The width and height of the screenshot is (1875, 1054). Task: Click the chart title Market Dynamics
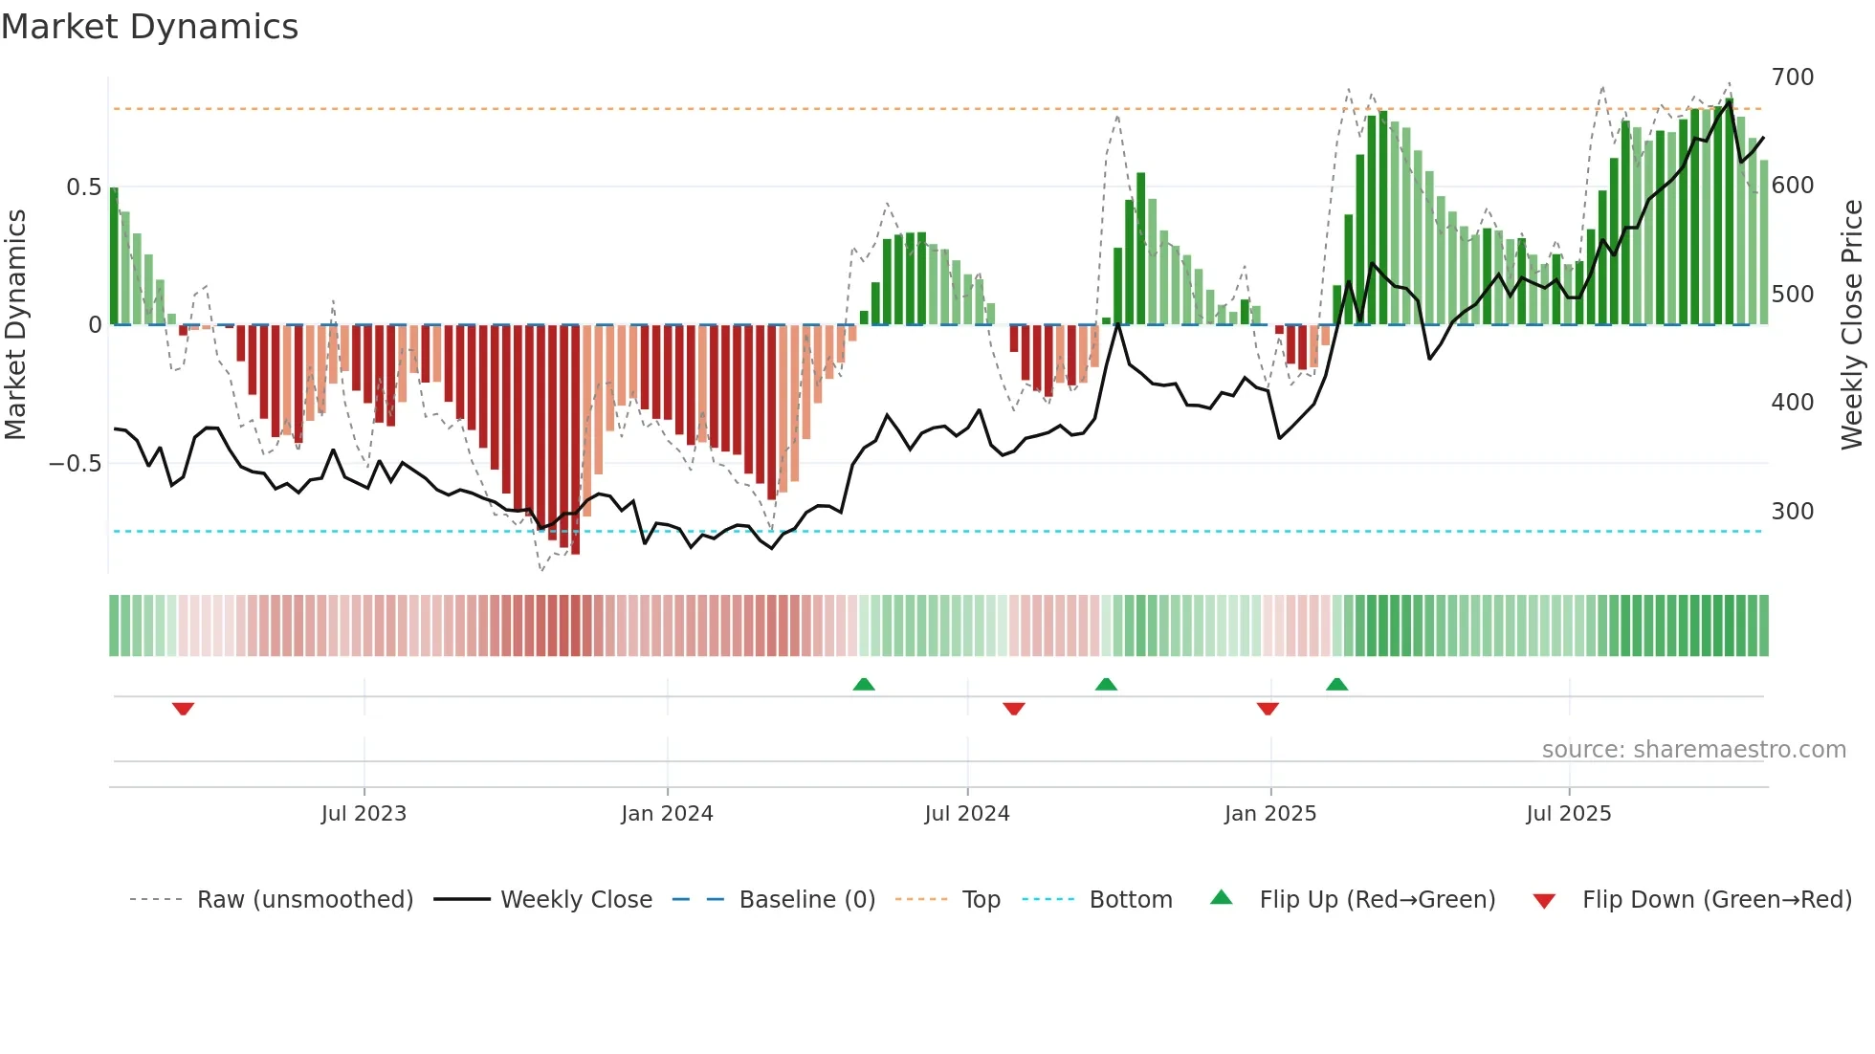coord(149,27)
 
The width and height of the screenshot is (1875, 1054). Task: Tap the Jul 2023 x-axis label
coord(364,814)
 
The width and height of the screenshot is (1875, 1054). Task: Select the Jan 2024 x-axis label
coord(667,814)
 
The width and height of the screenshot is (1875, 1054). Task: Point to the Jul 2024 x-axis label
coord(967,814)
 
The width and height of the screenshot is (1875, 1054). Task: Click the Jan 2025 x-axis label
coord(1270,814)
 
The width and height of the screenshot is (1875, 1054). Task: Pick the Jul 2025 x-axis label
coord(1569,814)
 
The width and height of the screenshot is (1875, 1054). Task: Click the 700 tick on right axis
coord(1793,77)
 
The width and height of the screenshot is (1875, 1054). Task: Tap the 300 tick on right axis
coord(1793,511)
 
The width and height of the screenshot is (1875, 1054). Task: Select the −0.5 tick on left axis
coord(75,464)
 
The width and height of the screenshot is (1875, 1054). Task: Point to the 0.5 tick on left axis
coord(83,187)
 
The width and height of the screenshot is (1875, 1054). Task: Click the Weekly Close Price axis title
coord(1853,325)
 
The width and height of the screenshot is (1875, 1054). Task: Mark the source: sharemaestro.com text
coord(1693,750)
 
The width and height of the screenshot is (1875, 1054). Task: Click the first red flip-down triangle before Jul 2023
coord(184,709)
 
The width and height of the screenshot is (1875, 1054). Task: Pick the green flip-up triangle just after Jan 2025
coord(1337,684)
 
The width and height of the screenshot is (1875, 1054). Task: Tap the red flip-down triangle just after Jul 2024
coord(1014,709)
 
